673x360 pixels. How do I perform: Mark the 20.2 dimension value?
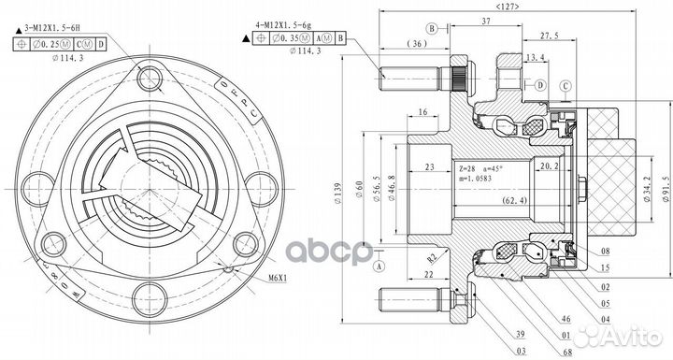(x=551, y=167)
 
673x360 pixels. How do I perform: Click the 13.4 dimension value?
(x=537, y=58)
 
